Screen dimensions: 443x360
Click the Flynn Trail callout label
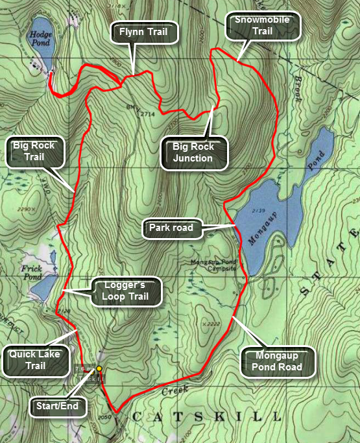145,30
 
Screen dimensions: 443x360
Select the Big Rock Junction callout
193,152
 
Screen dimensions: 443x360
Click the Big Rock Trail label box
34,151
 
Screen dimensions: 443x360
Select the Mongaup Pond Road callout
277,361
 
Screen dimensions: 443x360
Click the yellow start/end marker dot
99,368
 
